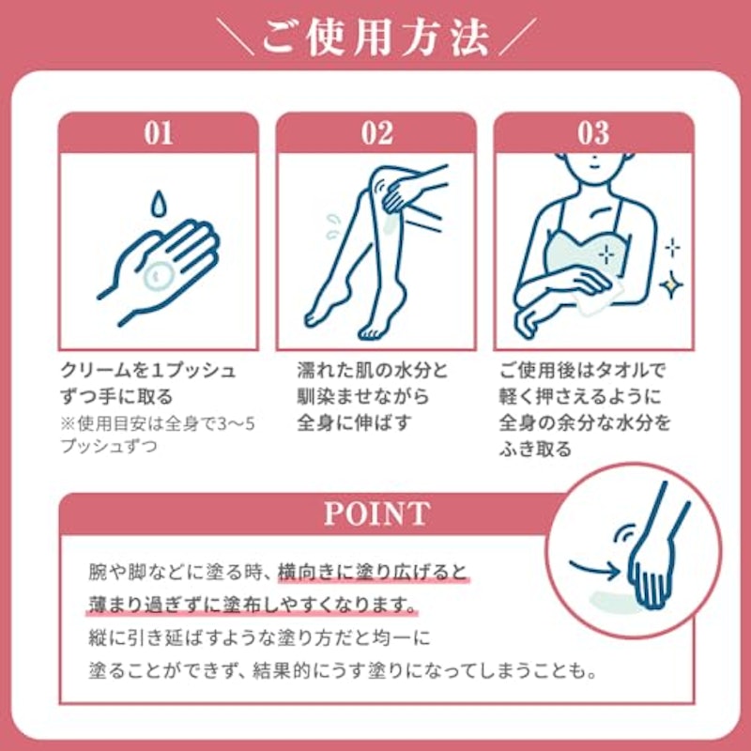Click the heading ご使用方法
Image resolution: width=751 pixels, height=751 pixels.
[x=376, y=38]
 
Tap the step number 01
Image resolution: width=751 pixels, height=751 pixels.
[x=159, y=133]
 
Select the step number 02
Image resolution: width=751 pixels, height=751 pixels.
[x=377, y=133]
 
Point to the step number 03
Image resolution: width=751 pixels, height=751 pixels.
[x=593, y=133]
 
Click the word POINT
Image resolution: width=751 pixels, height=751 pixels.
[x=377, y=513]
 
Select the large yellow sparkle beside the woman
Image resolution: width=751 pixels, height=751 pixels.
[x=671, y=284]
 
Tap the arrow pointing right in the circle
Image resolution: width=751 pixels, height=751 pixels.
[x=593, y=569]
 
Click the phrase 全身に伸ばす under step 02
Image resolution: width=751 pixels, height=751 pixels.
[x=354, y=422]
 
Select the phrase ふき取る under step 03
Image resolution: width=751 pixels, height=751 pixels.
[x=535, y=450]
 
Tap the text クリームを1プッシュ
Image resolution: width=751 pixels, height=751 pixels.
[x=148, y=370]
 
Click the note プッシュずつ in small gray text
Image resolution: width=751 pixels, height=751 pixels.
[x=109, y=447]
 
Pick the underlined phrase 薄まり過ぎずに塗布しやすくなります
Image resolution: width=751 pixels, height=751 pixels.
[x=252, y=605]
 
